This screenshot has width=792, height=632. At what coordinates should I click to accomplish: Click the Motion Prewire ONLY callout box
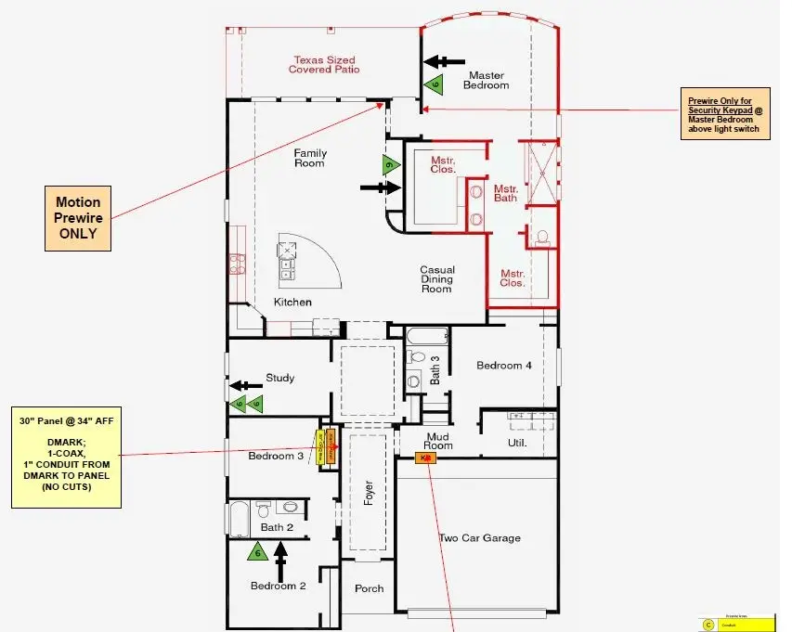coord(78,217)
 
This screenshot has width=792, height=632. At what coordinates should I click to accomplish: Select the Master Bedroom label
coord(488,80)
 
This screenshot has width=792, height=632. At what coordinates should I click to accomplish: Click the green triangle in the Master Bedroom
coord(434,84)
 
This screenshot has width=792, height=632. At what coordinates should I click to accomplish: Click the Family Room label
coord(310,158)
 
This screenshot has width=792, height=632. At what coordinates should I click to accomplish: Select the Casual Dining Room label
coord(436,279)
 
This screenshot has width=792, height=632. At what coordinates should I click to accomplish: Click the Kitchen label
coord(292,303)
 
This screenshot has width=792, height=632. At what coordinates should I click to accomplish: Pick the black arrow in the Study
coord(245,384)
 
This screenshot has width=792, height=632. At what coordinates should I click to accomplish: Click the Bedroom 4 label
coord(504,366)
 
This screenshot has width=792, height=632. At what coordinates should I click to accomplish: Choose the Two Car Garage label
coord(479,537)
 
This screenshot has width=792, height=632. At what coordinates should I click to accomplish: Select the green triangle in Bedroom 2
coord(257,552)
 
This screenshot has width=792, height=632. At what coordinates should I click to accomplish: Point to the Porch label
coord(369,588)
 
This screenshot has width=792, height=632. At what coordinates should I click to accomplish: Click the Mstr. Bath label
coord(505,192)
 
